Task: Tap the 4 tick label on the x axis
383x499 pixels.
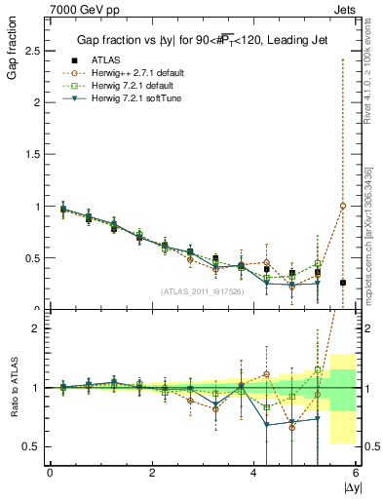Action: [254, 475]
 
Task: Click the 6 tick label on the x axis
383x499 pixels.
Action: [356, 475]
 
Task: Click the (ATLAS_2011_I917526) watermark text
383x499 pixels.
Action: [202, 290]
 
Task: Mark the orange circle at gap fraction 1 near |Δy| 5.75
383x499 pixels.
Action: [343, 206]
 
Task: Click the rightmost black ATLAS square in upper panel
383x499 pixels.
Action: [343, 283]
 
